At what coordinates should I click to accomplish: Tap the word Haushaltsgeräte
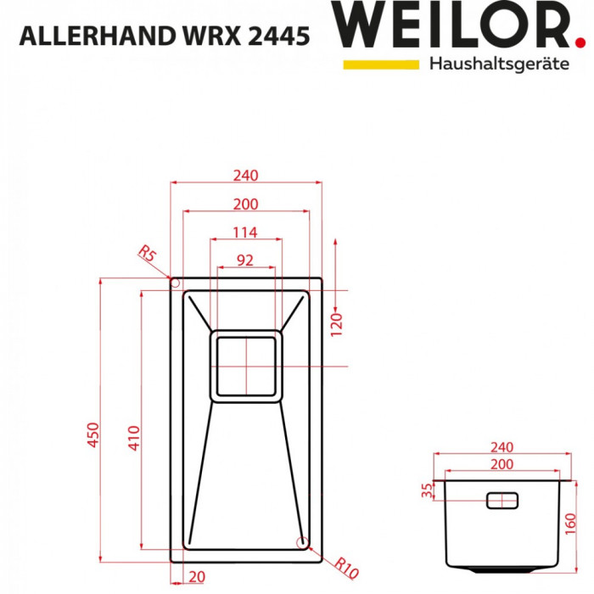(499, 64)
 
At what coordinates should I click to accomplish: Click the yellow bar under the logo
(381, 64)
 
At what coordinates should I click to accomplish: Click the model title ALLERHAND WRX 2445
(164, 37)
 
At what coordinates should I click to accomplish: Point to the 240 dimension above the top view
(245, 176)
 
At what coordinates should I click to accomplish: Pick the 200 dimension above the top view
(245, 204)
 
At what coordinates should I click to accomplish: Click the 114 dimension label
(245, 233)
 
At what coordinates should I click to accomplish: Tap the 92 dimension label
(245, 261)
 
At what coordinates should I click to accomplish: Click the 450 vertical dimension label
(93, 434)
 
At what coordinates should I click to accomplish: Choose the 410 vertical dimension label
(133, 434)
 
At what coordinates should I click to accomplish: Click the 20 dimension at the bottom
(197, 578)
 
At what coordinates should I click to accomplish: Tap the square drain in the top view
(246, 365)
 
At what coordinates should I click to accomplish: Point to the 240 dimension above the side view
(502, 447)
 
